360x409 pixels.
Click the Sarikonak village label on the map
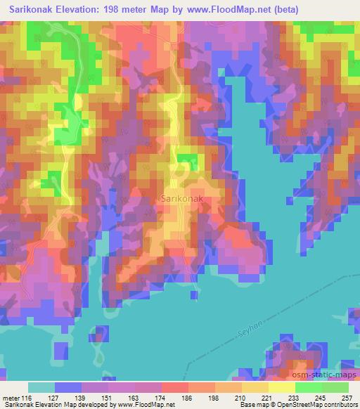183,199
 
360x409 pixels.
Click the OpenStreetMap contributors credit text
317,405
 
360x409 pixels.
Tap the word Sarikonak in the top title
34,10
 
